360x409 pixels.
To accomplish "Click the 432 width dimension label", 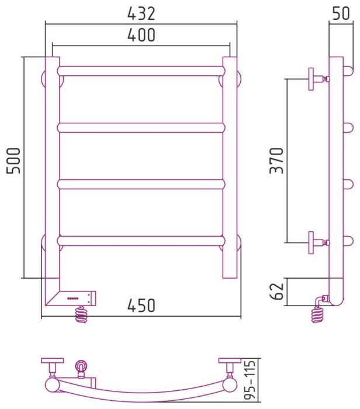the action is [x=141, y=14].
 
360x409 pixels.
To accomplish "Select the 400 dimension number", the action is [x=141, y=35].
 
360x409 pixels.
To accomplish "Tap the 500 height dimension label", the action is [x=13, y=161].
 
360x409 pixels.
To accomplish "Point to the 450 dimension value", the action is [x=141, y=306].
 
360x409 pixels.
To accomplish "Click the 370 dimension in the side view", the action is [x=276, y=161].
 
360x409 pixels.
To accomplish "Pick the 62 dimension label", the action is [x=276, y=291].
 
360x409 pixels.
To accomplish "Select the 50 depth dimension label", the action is [x=341, y=13].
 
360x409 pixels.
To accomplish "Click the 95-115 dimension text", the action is [x=250, y=383].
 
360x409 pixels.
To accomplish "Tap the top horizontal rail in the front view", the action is [x=141, y=71].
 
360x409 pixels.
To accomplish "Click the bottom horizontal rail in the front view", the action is [x=141, y=241].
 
